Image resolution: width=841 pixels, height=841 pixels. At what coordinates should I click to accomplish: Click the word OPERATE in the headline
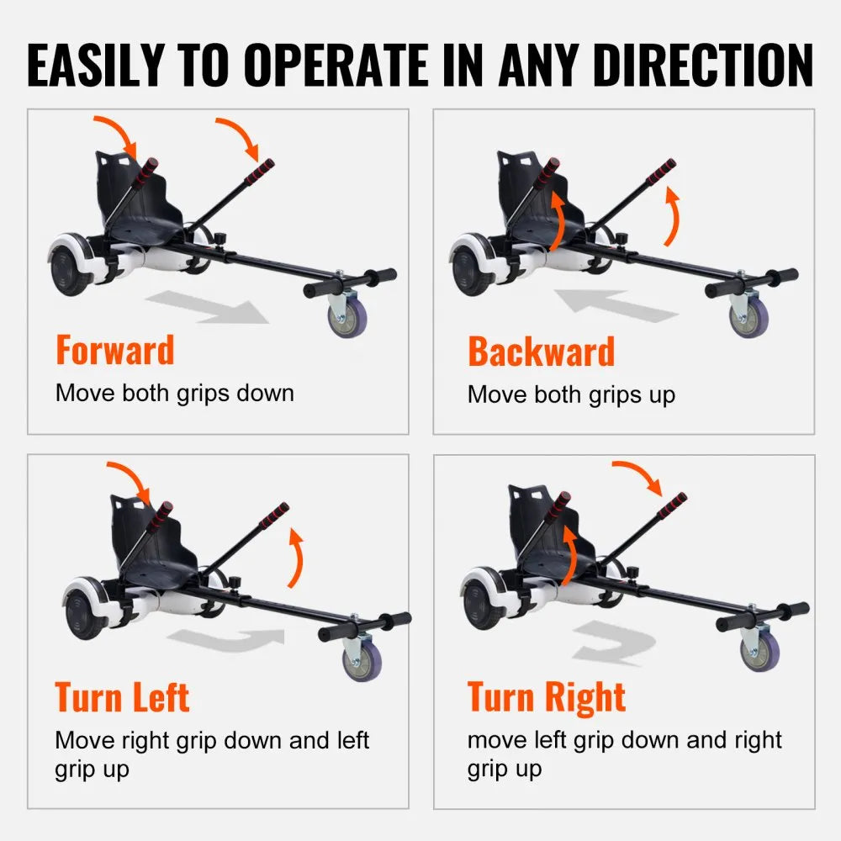(x=337, y=65)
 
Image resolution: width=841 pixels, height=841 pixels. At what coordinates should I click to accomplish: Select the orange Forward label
(x=115, y=350)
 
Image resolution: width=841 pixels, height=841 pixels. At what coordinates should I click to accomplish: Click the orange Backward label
(x=541, y=352)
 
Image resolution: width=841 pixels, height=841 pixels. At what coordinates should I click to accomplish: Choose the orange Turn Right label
(x=546, y=696)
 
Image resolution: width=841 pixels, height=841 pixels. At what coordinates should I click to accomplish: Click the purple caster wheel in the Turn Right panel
(x=760, y=649)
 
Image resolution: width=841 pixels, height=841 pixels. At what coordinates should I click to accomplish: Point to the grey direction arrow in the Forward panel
(x=208, y=307)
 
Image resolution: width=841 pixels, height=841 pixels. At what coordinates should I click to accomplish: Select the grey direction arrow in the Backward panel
(x=616, y=305)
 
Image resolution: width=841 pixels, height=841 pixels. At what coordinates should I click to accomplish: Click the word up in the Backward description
(x=662, y=396)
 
